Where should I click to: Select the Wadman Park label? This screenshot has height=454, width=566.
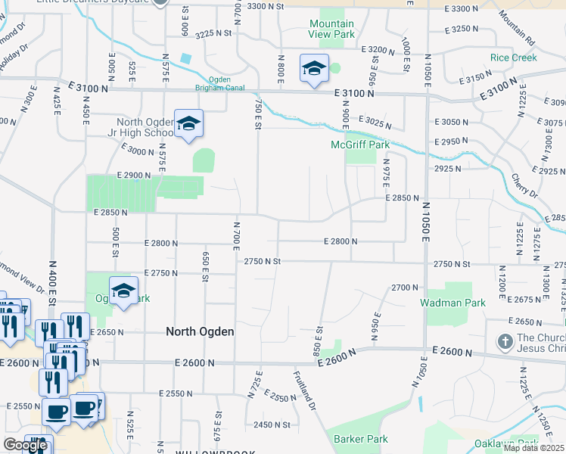tap(452, 303)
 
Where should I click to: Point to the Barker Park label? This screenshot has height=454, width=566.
tap(361, 439)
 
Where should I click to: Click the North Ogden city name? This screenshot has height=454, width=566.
tap(200, 331)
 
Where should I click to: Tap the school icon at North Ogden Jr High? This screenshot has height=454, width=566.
tap(188, 124)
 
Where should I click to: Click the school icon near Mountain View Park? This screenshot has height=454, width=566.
tap(314, 70)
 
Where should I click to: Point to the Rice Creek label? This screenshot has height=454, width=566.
tap(513, 58)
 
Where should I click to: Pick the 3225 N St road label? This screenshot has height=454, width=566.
tap(213, 34)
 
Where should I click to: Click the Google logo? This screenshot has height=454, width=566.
tap(25, 445)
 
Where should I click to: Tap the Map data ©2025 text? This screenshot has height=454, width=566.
tap(533, 448)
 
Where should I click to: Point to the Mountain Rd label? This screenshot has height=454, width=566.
tap(517, 28)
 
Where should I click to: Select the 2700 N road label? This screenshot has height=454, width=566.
tap(405, 288)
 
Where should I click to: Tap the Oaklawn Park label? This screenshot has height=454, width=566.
tap(505, 443)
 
